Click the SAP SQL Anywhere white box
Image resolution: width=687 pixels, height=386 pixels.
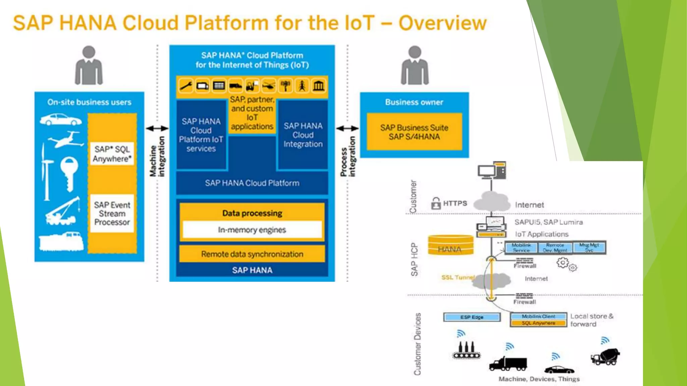pyautogui.click(x=112, y=154)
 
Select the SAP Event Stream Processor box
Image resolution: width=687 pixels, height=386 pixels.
pyautogui.click(x=112, y=213)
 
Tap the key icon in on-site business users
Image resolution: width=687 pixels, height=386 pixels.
pyautogui.click(x=69, y=173)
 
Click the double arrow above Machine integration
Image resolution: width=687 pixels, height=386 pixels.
pyautogui.click(x=157, y=128)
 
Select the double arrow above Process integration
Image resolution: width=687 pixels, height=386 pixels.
pyautogui.click(x=347, y=128)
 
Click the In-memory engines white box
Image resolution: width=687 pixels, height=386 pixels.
pyautogui.click(x=252, y=230)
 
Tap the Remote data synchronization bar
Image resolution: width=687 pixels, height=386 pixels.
pyautogui.click(x=252, y=254)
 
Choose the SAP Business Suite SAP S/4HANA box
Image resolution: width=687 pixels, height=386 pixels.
pyautogui.click(x=414, y=132)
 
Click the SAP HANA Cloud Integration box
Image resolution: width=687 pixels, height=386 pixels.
pyautogui.click(x=303, y=135)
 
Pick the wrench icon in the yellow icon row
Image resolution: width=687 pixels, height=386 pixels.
pyautogui.click(x=186, y=86)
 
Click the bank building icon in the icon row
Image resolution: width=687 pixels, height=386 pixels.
pyautogui.click(x=319, y=86)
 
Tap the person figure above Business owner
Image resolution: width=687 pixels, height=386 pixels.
pyautogui.click(x=415, y=65)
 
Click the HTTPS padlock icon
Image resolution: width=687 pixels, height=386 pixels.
pyautogui.click(x=436, y=203)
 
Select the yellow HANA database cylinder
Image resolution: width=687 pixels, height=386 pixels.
pyautogui.click(x=451, y=245)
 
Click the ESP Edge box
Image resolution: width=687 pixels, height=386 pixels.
pyautogui.click(x=472, y=317)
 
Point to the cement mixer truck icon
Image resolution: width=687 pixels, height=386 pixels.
pyautogui.click(x=605, y=357)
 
